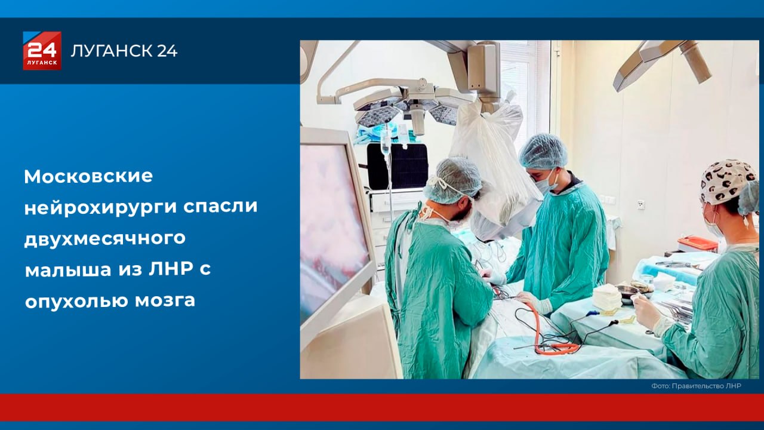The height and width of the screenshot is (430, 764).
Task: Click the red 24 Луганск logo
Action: pyautogui.click(x=42, y=51)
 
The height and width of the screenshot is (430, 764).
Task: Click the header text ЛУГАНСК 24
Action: pyautogui.click(x=124, y=51)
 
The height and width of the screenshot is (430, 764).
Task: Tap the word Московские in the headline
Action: pyautogui.click(x=88, y=176)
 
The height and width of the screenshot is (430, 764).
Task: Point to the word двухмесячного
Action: pyautogui.click(x=105, y=238)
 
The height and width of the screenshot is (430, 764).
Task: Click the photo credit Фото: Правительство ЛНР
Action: pyautogui.click(x=696, y=386)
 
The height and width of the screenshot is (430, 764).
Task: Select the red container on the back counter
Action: pyautogui.click(x=697, y=243)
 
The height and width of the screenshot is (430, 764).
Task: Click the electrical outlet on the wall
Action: pyautogui.click(x=640, y=204)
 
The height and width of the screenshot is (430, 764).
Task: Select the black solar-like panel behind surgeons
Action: pyautogui.click(x=397, y=165)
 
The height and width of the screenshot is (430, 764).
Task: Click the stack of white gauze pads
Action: pyautogui.click(x=608, y=297)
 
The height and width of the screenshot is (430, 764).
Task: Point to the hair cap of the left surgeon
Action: pyautogui.click(x=454, y=179)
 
